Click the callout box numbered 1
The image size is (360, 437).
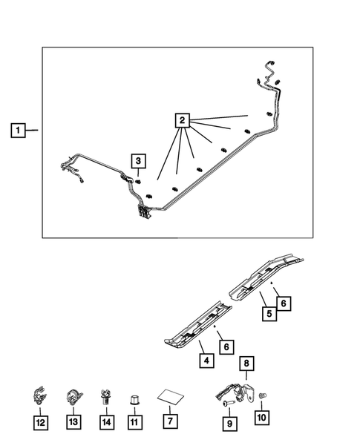pyautogui.click(x=18, y=130)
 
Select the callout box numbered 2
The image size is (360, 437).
pyautogui.click(x=183, y=120)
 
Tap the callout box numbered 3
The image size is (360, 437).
pyautogui.click(x=139, y=161)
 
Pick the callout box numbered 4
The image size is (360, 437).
pyautogui.click(x=206, y=361)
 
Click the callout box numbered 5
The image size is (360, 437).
pyautogui.click(x=269, y=314)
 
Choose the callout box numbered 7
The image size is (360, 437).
pyautogui.click(x=170, y=421)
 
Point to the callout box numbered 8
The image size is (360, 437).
pyautogui.click(x=246, y=363)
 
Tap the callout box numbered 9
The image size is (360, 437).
pyautogui.click(x=230, y=424)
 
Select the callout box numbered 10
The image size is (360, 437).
pyautogui.click(x=262, y=418)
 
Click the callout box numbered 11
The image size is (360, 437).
pyautogui.click(x=135, y=422)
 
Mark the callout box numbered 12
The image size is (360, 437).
pyautogui.click(x=41, y=423)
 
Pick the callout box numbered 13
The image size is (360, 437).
pyautogui.click(x=73, y=422)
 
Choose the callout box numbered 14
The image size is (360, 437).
pyautogui.click(x=107, y=422)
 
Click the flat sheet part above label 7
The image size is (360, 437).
pyautogui.click(x=171, y=398)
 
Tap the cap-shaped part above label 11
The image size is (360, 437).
pyautogui.click(x=134, y=400)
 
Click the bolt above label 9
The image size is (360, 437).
pyautogui.click(x=228, y=403)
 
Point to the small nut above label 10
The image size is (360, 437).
pyautogui.click(x=263, y=395)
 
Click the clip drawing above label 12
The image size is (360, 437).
pyautogui.click(x=39, y=395)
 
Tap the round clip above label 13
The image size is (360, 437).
pyautogui.click(x=74, y=397)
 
